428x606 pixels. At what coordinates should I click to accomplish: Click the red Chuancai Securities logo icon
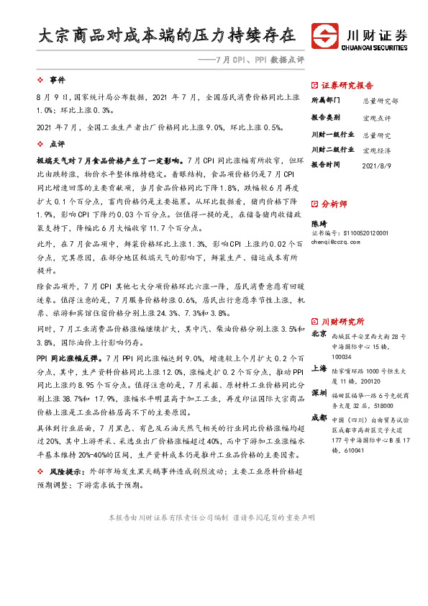(x=325, y=36)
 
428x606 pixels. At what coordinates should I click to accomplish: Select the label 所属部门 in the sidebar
(x=327, y=101)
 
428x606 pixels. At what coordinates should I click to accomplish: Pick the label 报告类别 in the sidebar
(x=327, y=117)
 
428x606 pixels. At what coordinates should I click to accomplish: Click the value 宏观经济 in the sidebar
(x=377, y=150)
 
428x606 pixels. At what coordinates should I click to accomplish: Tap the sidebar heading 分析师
(x=334, y=204)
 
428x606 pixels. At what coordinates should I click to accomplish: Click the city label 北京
(x=319, y=334)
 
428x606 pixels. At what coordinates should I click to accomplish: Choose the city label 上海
(x=319, y=368)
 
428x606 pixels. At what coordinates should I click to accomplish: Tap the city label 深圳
(x=319, y=394)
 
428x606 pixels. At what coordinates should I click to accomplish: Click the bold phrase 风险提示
(x=65, y=470)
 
